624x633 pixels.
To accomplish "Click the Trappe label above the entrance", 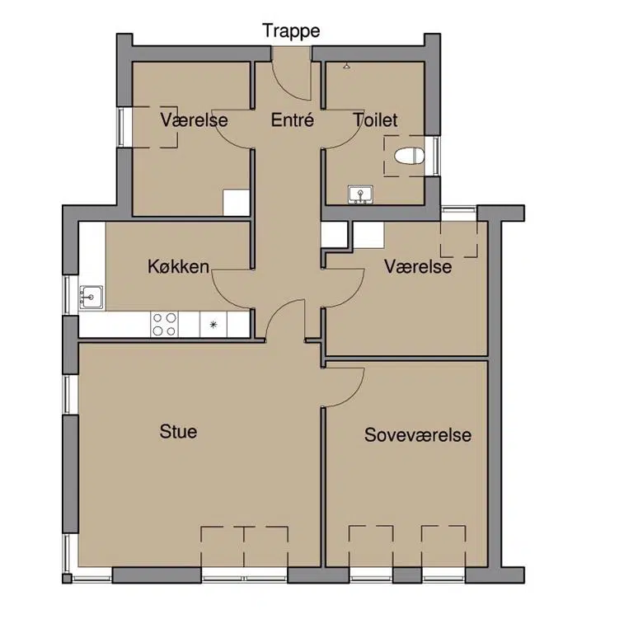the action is point(291,31).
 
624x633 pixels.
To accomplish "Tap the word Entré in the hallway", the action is point(293,120).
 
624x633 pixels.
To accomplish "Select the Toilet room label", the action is point(375,120).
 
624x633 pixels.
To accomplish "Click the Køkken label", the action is point(178,266).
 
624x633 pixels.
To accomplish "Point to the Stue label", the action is point(178,431).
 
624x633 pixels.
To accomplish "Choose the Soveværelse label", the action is point(418,435).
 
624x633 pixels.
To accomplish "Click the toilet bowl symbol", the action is point(410,156).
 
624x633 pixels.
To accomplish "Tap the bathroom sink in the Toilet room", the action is point(360,195).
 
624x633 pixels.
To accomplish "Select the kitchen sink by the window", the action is point(91,298).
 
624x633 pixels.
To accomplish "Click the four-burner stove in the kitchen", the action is point(165,324).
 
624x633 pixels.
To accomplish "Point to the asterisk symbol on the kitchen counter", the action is point(213,324).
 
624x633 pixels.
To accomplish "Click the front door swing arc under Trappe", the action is point(287,87).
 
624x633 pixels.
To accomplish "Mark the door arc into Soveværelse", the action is point(355,395).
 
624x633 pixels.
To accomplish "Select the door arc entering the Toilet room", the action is point(355,138).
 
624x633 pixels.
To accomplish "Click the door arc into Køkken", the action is point(221,297).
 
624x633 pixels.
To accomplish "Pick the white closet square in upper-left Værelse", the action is point(236,203).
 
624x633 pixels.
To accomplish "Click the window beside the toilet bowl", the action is point(436,156).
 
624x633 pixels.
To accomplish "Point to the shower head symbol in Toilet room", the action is point(346,65).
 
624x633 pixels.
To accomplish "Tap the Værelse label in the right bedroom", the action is point(418,266).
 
